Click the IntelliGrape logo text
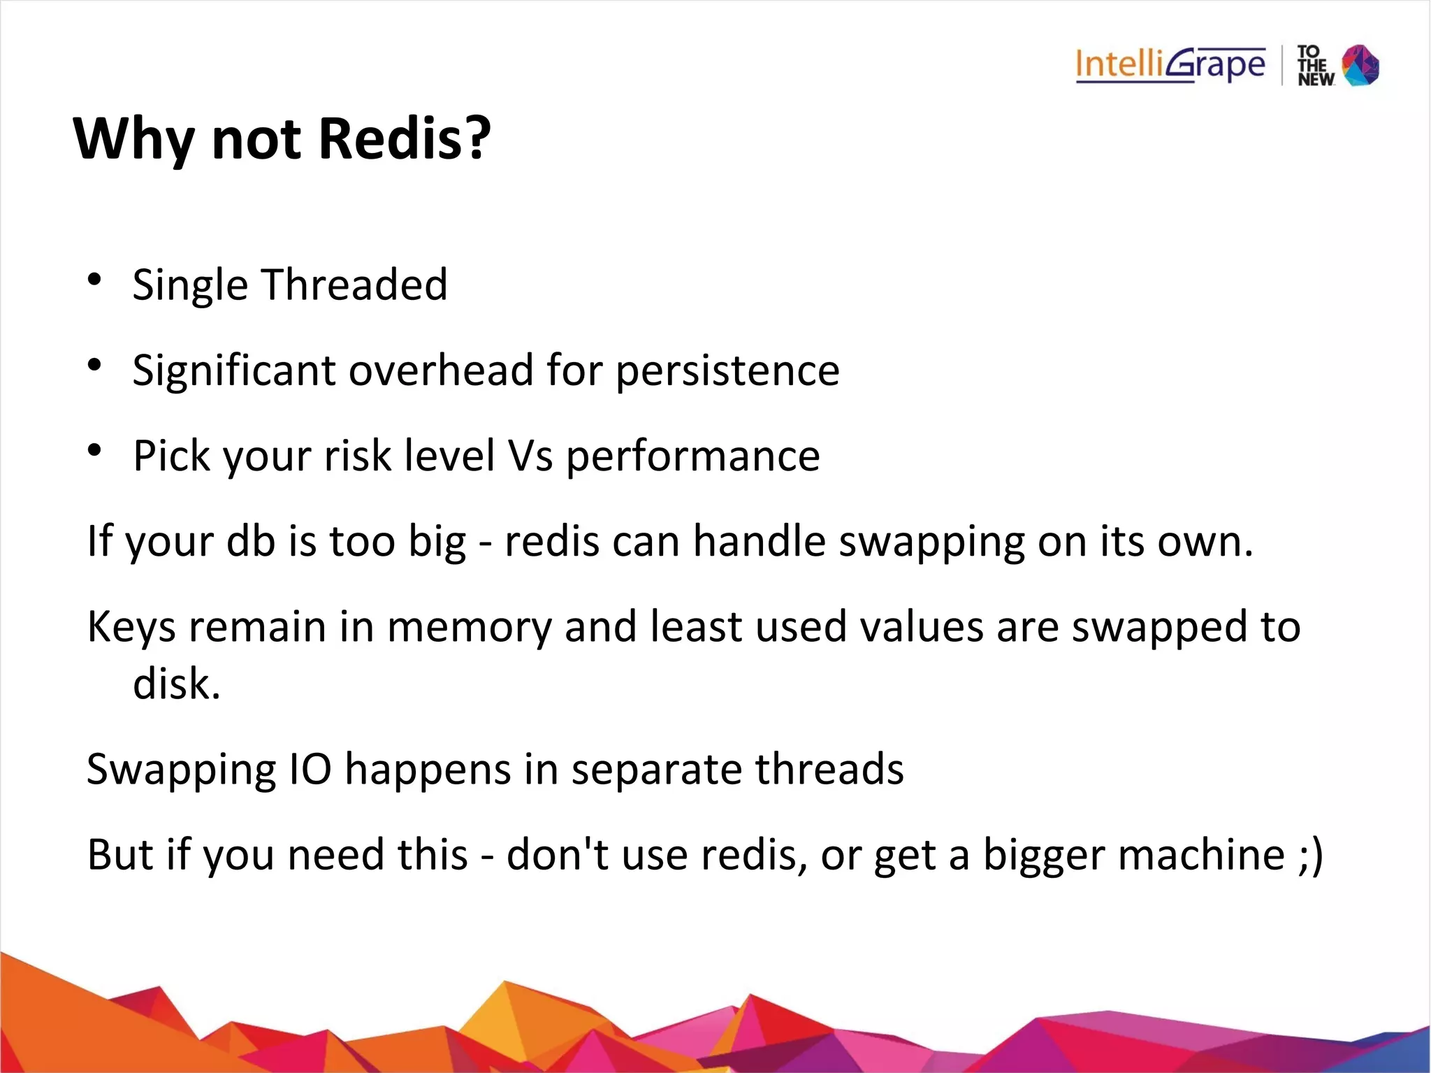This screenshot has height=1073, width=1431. (1170, 65)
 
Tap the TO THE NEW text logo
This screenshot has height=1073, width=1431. (1315, 66)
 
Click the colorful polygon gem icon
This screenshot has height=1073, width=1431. (1360, 65)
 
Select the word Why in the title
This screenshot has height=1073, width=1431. (133, 139)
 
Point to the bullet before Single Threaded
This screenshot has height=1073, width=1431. (95, 280)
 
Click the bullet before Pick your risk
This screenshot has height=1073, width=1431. (95, 451)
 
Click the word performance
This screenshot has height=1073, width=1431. (692, 457)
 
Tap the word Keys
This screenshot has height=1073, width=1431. (131, 627)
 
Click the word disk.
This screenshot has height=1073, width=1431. (176, 684)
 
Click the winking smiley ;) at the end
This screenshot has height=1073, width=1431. (1311, 855)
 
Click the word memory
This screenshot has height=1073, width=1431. (469, 627)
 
